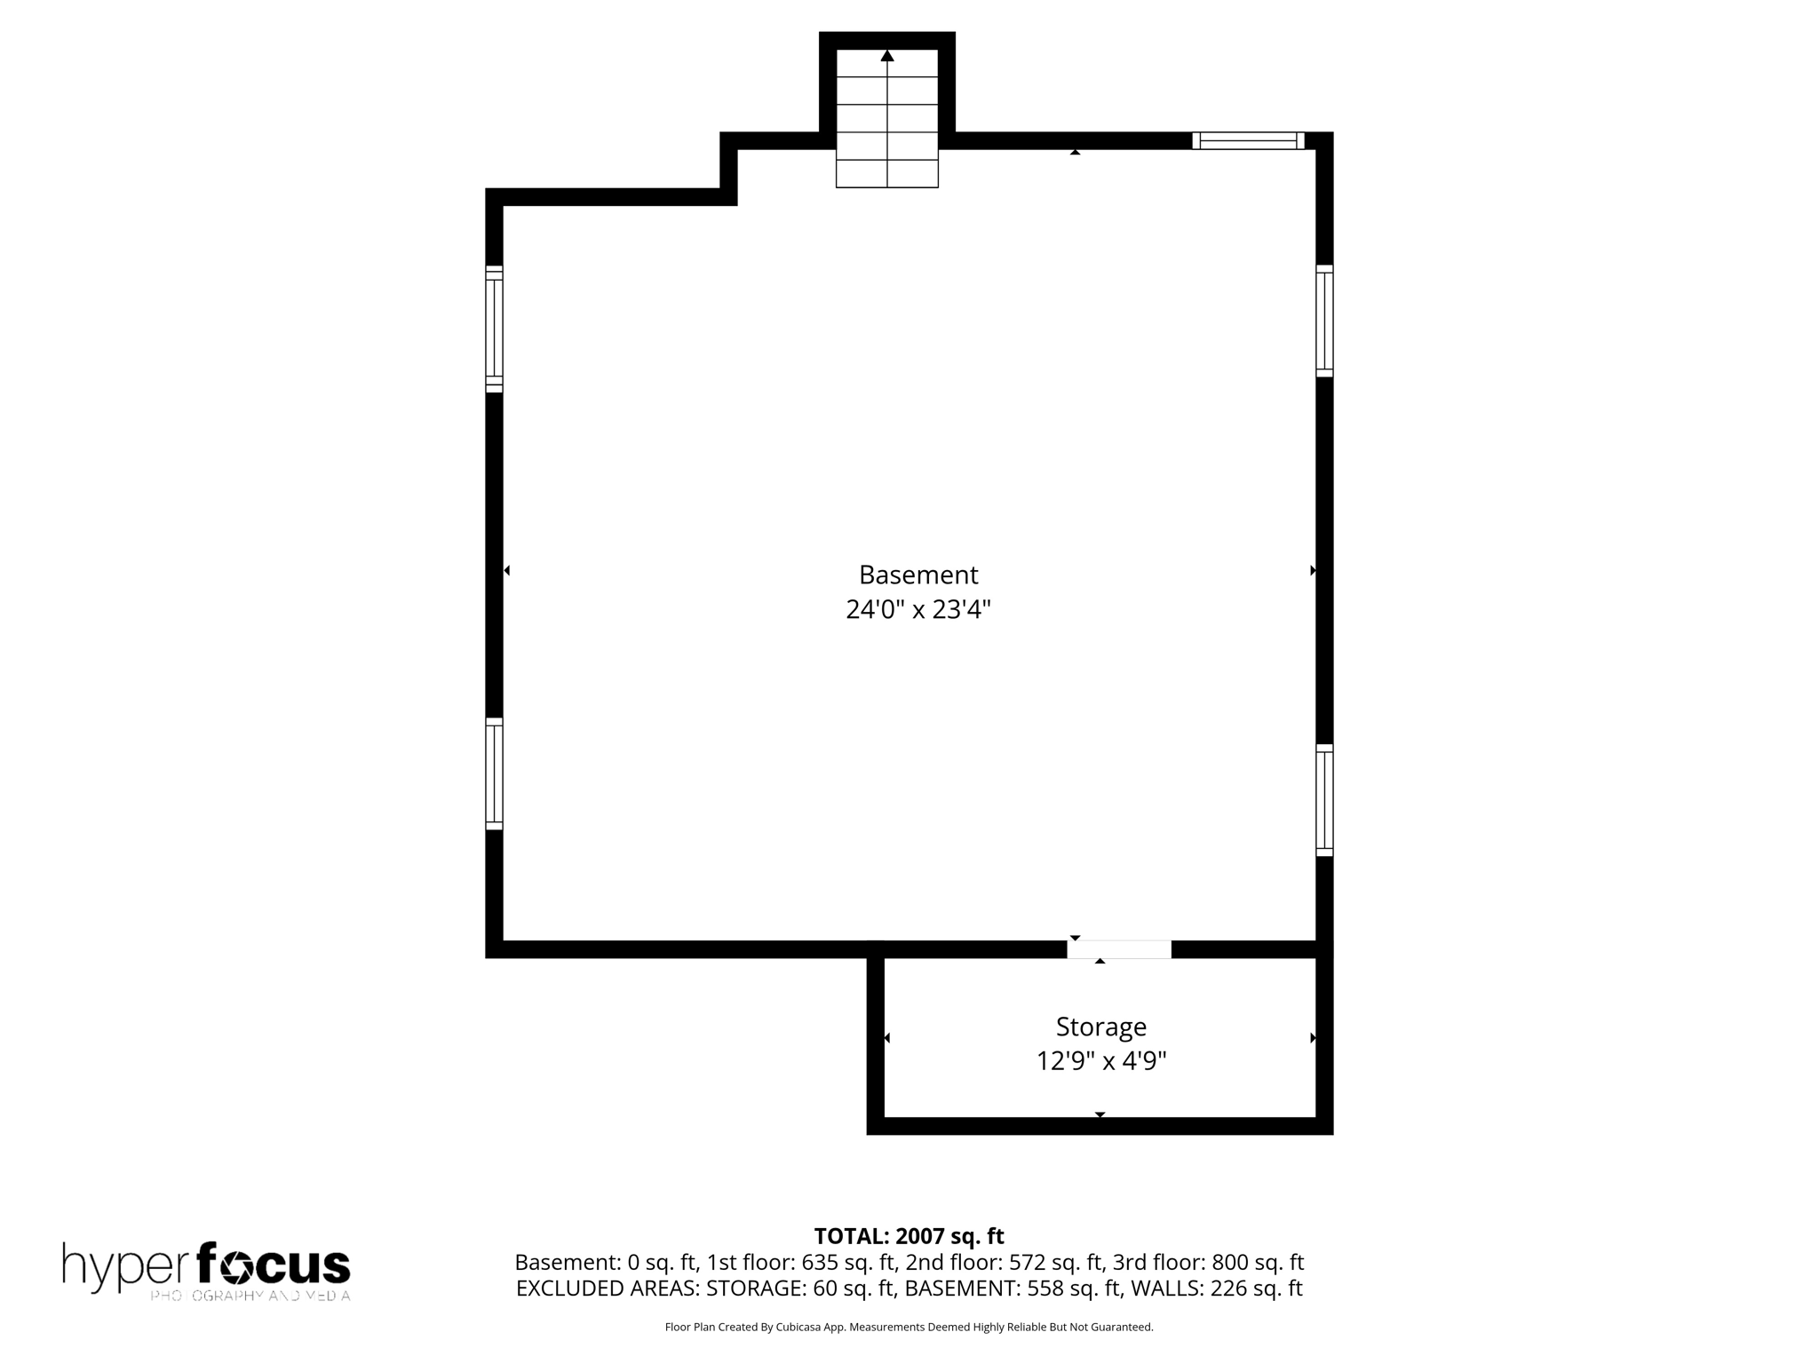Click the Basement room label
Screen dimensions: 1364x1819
pyautogui.click(x=918, y=575)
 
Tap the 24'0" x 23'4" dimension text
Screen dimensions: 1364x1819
pyautogui.click(x=918, y=610)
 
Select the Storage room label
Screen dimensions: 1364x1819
pyautogui.click(x=1100, y=1027)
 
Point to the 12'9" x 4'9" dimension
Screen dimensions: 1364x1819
pyautogui.click(x=1100, y=1061)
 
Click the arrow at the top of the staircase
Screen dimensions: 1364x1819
pyautogui.click(x=887, y=56)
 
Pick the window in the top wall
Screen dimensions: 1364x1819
pyautogui.click(x=1248, y=140)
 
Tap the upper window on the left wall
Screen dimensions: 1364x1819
pyautogui.click(x=494, y=329)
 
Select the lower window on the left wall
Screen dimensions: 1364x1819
pyautogui.click(x=494, y=773)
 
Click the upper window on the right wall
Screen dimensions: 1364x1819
pyautogui.click(x=1324, y=321)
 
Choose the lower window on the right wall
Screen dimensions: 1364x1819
pyautogui.click(x=1324, y=800)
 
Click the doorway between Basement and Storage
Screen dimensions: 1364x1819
pyautogui.click(x=1119, y=949)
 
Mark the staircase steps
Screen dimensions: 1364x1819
pyautogui.click(x=887, y=124)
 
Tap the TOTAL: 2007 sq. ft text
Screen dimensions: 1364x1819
pyautogui.click(x=909, y=1236)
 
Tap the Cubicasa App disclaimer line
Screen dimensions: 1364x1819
pyautogui.click(x=909, y=1328)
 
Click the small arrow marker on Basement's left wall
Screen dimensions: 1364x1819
pyautogui.click(x=507, y=570)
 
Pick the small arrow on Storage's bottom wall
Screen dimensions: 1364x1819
pyautogui.click(x=1100, y=1114)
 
